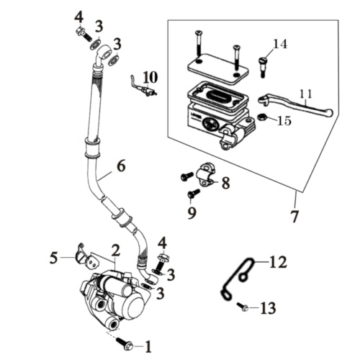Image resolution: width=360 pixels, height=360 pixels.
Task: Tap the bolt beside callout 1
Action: (x=124, y=343)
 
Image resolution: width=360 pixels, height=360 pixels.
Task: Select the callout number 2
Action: (x=115, y=251)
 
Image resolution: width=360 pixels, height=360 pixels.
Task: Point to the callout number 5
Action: (x=54, y=258)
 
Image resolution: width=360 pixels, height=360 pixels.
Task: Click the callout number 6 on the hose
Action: (x=121, y=166)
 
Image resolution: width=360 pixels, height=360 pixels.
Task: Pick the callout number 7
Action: (x=294, y=216)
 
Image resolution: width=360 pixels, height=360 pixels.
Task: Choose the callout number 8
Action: (x=225, y=183)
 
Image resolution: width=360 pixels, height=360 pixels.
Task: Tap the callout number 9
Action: (x=192, y=212)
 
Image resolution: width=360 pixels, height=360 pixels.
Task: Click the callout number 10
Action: (x=150, y=77)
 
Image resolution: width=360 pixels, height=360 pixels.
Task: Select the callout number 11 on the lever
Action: (x=306, y=94)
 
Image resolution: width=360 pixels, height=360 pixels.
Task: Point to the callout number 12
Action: (x=278, y=262)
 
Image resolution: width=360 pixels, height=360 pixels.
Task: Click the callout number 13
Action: (x=268, y=308)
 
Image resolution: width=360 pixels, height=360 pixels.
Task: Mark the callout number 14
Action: (x=280, y=44)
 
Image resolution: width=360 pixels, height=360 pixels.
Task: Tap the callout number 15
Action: (x=284, y=120)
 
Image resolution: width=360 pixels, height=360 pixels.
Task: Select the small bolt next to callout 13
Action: (x=243, y=307)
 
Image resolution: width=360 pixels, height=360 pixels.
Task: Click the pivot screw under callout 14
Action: (x=262, y=67)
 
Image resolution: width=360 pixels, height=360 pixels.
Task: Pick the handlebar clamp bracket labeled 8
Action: (x=207, y=175)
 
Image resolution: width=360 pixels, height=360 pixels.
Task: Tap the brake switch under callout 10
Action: (x=144, y=87)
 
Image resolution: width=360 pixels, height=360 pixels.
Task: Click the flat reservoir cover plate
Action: (x=217, y=68)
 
